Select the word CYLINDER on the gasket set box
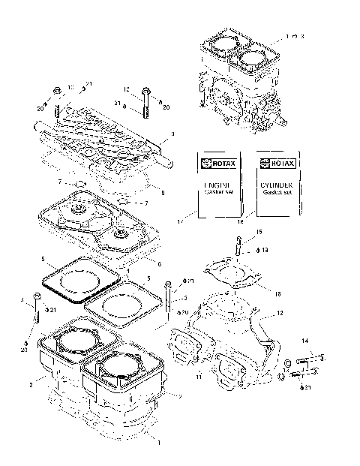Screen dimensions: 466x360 (x=272, y=185)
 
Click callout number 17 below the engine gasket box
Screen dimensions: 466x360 (x=198, y=221)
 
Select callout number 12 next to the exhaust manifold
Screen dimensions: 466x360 (x=278, y=313)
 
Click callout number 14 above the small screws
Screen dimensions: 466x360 (x=305, y=341)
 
